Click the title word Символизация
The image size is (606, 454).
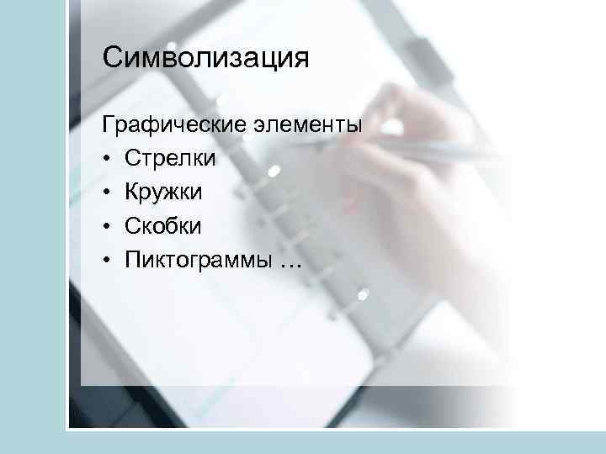206,59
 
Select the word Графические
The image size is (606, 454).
173,126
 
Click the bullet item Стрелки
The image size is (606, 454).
170,159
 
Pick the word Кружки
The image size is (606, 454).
163,193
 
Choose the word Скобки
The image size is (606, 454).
163,226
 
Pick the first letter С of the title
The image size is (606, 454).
112,59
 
